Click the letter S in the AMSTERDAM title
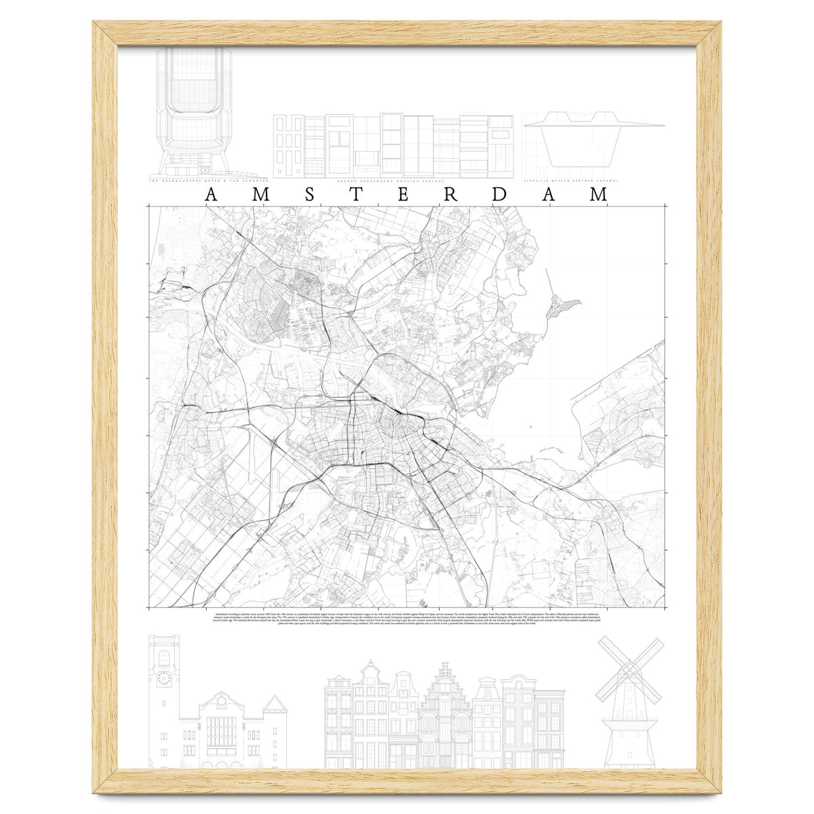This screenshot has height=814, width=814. pyautogui.click(x=309, y=195)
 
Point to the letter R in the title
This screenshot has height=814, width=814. pyautogui.click(x=450, y=195)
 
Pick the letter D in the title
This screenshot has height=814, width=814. pyautogui.click(x=500, y=195)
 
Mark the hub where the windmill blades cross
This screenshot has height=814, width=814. pyautogui.click(x=628, y=672)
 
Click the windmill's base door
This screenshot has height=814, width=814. pyautogui.click(x=628, y=758)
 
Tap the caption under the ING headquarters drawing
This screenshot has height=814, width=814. pyautogui.click(x=208, y=181)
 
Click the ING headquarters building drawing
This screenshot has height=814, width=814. pyautogui.click(x=193, y=109)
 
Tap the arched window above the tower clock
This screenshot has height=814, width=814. pyautogui.click(x=163, y=657)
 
